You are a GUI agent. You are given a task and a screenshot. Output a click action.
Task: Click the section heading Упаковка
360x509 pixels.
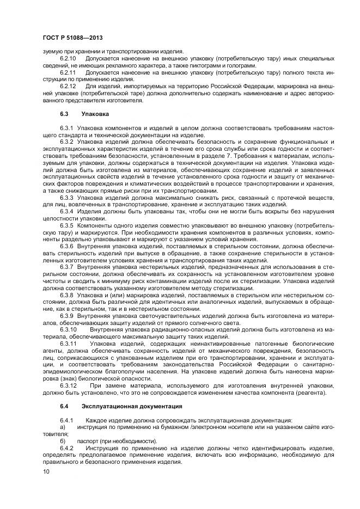pyautogui.click(x=95, y=114)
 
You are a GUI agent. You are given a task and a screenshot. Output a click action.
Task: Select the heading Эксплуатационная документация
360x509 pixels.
pyautogui.click(x=127, y=406)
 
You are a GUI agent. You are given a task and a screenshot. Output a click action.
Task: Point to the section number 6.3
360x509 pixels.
pyautogui.click(x=64, y=114)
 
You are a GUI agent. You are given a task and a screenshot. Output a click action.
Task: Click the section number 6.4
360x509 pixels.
pyautogui.click(x=64, y=406)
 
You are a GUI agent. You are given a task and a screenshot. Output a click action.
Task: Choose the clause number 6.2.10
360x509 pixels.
pyautogui.click(x=68, y=57)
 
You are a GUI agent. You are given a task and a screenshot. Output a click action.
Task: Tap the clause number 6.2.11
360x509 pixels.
pyautogui.click(x=68, y=71)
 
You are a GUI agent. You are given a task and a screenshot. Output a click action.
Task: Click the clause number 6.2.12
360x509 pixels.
pyautogui.click(x=68, y=86)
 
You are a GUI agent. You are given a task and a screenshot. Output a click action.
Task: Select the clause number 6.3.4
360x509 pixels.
pyautogui.click(x=66, y=211)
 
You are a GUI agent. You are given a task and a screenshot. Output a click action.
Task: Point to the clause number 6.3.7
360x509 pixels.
pyautogui.click(x=66, y=267)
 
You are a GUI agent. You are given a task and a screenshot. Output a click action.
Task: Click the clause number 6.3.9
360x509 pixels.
pyautogui.click(x=66, y=316)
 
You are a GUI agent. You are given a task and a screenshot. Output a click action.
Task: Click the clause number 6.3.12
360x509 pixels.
pyautogui.click(x=68, y=385)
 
